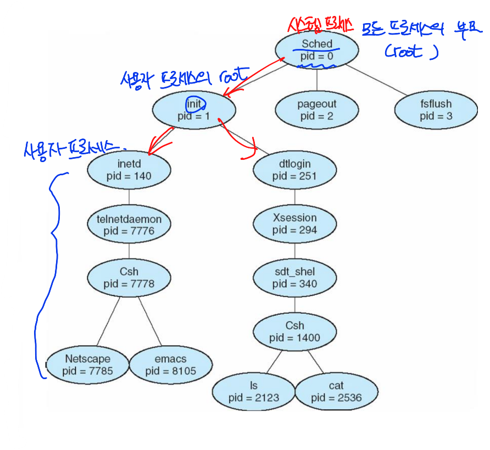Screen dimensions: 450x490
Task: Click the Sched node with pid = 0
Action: click(317, 50)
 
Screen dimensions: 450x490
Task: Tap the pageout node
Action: click(317, 109)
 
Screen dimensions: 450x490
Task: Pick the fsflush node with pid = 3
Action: click(436, 109)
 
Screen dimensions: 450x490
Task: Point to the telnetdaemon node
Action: click(129, 224)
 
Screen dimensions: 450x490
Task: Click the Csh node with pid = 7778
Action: click(129, 277)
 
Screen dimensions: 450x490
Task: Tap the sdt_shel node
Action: click(294, 277)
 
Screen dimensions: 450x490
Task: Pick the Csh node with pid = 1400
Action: click(294, 331)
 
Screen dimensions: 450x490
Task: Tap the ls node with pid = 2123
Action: click(254, 391)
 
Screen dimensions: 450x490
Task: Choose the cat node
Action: click(336, 391)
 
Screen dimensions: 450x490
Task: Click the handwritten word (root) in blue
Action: click(411, 52)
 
